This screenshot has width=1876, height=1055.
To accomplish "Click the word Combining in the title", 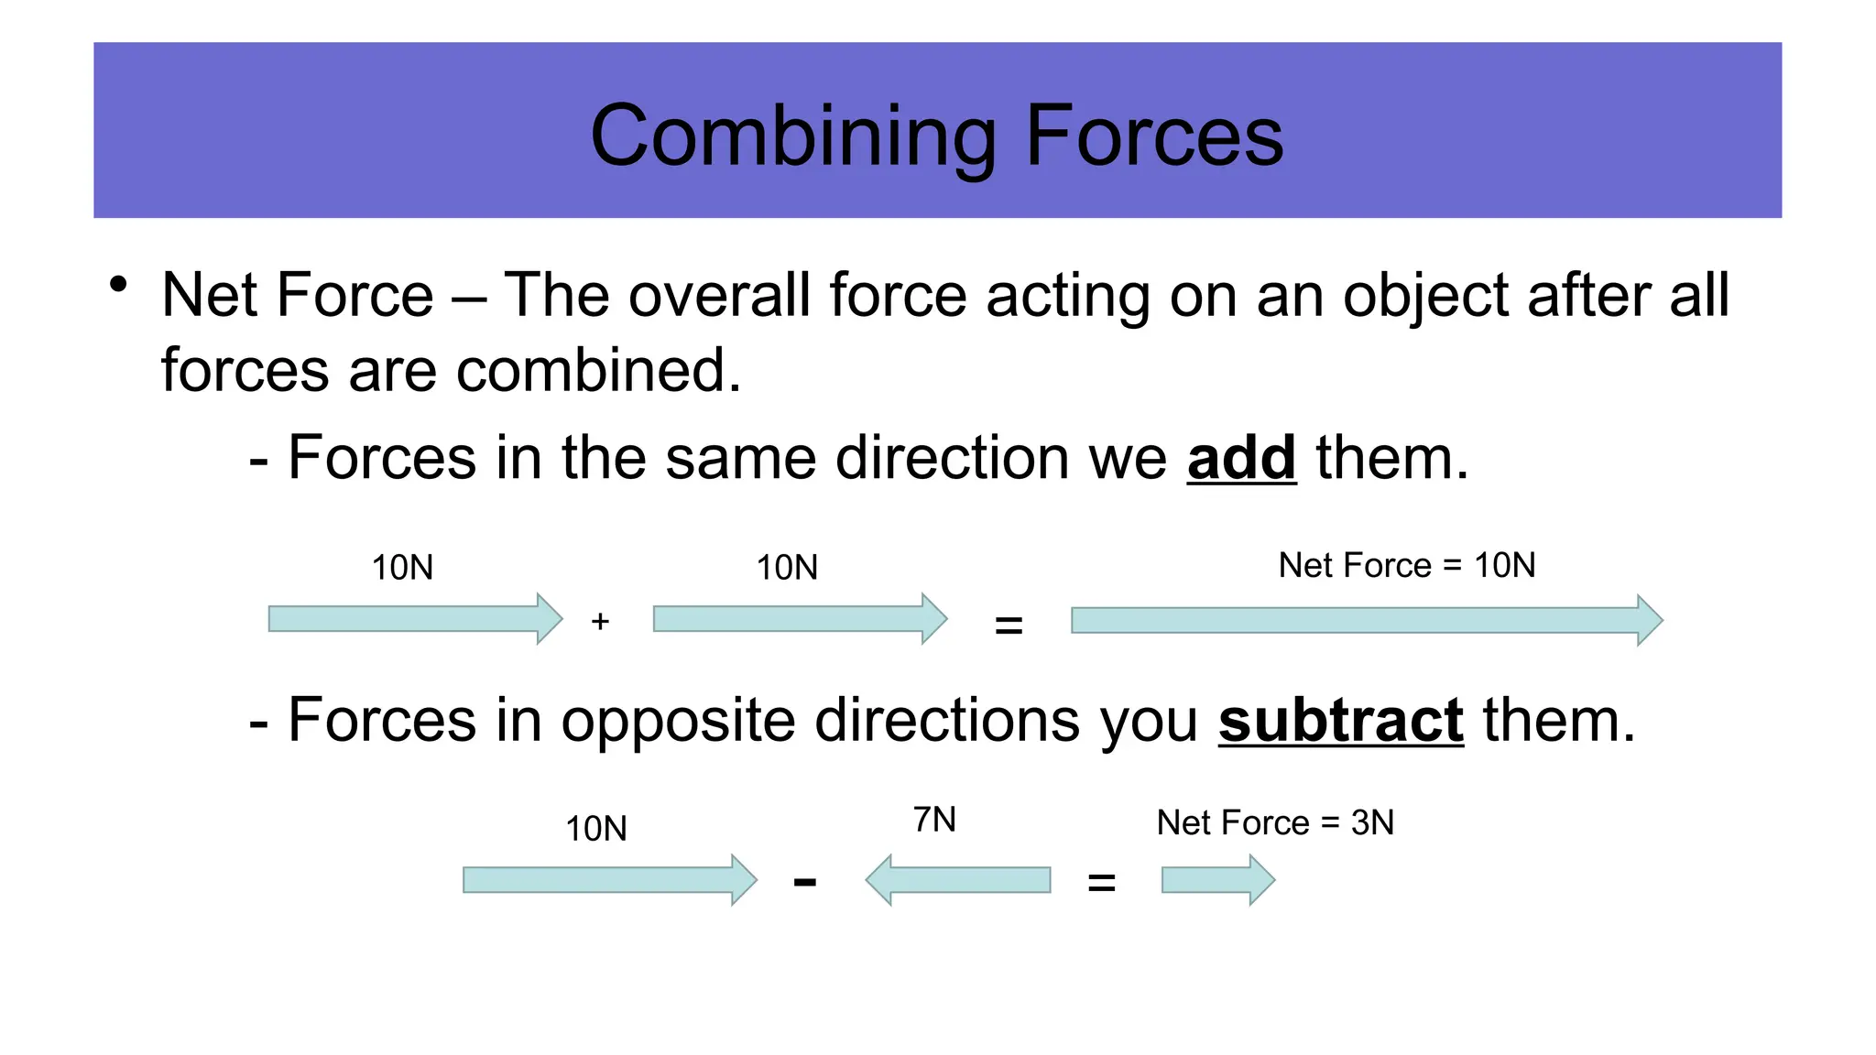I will click(x=792, y=137).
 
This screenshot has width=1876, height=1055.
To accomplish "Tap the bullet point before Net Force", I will click(x=117, y=285).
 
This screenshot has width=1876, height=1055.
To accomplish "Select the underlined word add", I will click(x=1241, y=458).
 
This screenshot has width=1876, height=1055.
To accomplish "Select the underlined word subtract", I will click(x=1340, y=721).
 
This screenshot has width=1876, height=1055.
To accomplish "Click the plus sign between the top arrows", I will click(x=600, y=622).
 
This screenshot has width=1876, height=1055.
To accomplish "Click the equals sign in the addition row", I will click(x=1008, y=626).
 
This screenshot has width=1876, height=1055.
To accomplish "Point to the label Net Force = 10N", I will click(x=1406, y=565).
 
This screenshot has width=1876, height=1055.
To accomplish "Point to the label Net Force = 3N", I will click(x=1274, y=822).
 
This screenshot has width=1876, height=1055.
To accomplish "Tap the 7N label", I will click(x=934, y=820).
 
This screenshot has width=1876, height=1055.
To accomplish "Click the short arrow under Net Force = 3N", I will click(x=1217, y=880).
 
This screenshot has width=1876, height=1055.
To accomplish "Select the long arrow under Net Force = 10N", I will click(x=1366, y=620).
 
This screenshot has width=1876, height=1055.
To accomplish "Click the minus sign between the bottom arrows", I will click(x=804, y=883).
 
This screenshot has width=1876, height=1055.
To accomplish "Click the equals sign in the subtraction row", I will click(x=1101, y=884).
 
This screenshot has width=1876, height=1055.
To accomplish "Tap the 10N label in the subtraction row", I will click(x=595, y=829).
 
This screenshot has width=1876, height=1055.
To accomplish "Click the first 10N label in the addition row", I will click(x=402, y=568).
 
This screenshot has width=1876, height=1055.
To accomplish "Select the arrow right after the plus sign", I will click(x=799, y=619).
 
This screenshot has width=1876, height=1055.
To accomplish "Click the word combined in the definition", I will click(x=597, y=371).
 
